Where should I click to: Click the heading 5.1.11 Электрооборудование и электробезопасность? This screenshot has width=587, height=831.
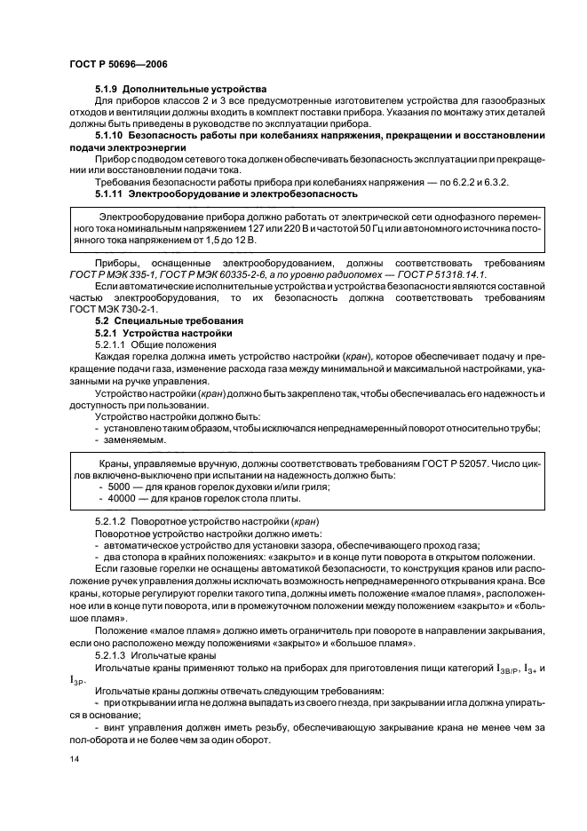point(226,193)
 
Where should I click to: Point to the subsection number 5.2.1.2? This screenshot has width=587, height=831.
point(115,520)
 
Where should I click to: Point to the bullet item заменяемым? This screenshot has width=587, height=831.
point(136,438)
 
